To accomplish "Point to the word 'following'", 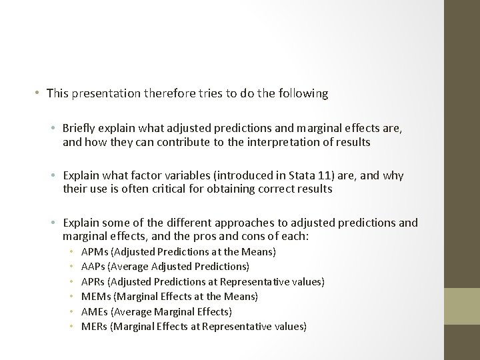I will tap(305, 93).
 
